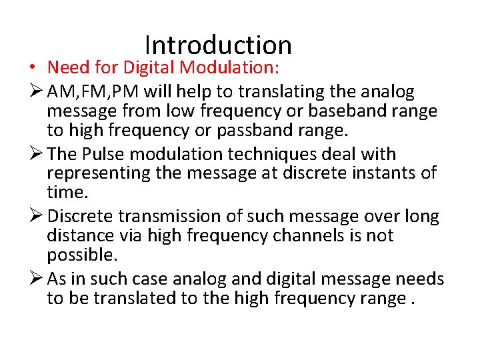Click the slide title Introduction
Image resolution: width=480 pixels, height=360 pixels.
pos(218,45)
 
